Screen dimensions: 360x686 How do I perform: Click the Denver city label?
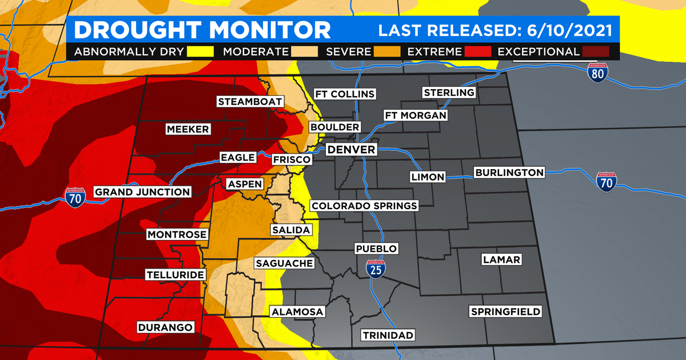point(351,150)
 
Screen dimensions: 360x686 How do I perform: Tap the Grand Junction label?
point(142,192)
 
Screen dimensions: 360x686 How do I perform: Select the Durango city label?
point(165,327)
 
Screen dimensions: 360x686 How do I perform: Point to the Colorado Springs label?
point(364,206)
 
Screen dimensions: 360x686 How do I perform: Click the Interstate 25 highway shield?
point(375,269)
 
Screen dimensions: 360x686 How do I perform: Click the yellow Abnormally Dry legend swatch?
point(200,52)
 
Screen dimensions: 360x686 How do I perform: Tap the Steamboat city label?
point(250,102)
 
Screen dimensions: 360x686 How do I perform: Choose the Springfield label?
point(505,311)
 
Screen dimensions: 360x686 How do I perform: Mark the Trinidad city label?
point(387,335)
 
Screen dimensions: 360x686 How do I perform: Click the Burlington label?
point(509,172)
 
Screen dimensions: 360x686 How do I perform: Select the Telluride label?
point(175,275)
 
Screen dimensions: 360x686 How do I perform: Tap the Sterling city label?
point(449,93)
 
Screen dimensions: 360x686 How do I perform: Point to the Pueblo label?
point(376,249)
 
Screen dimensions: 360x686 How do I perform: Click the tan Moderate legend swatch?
point(304,52)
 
